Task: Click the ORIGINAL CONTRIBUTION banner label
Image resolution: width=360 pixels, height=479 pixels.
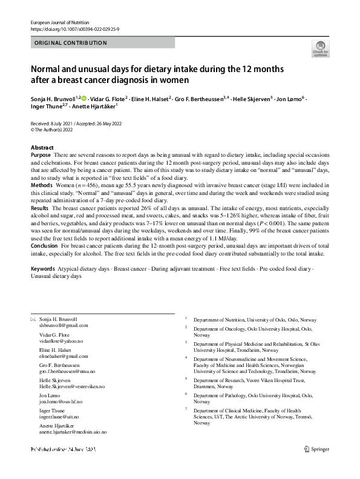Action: click(71, 43)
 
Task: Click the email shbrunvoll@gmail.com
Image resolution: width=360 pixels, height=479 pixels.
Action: click(64, 325)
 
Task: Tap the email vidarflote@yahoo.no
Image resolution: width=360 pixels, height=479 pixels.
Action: click(61, 341)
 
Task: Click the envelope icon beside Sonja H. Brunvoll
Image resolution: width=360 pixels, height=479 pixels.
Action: click(33, 319)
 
